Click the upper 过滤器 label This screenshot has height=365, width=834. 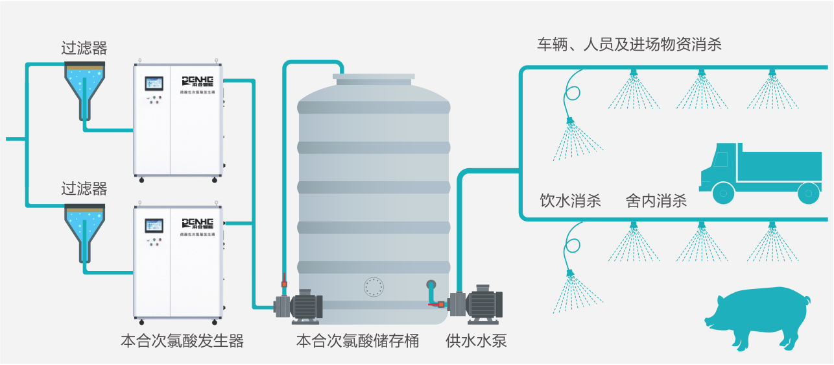tap(84, 48)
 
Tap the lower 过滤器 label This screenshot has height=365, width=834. tap(84, 189)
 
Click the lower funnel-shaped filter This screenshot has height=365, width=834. tap(85, 227)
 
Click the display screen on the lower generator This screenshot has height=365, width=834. tap(154, 225)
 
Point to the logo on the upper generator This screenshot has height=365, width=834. tap(202, 81)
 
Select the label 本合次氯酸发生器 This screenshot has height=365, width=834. tap(182, 341)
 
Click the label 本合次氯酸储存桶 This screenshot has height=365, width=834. tap(357, 341)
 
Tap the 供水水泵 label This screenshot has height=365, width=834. tap(476, 341)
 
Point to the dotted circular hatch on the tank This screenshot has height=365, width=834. tap(374, 287)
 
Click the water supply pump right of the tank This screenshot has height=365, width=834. tap(479, 303)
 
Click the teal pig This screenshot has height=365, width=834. tap(757, 318)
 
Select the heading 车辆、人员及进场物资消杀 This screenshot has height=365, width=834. tap(629, 45)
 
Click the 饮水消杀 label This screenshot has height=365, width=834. tap(571, 201)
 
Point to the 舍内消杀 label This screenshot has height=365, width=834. tap(656, 201)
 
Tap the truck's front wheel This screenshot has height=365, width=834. tap(723, 192)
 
